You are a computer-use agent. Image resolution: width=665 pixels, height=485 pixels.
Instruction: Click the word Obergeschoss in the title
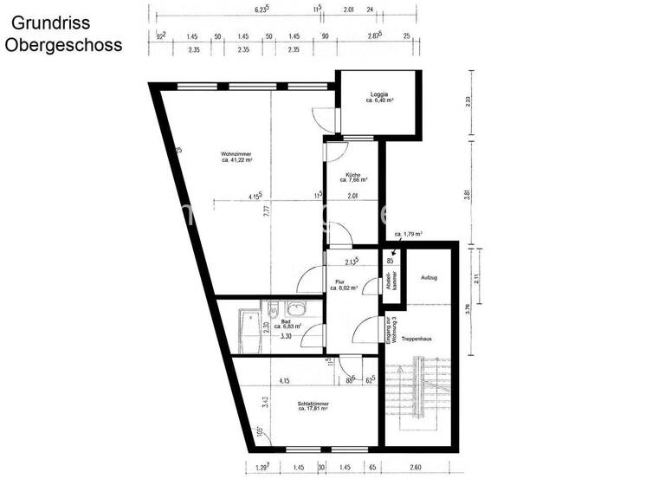tap(63, 44)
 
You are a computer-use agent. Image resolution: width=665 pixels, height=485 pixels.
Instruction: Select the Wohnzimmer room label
tap(236, 157)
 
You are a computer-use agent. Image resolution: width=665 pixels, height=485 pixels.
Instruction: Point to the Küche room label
tap(353, 177)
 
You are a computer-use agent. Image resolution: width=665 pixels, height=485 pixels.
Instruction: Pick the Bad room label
tap(287, 323)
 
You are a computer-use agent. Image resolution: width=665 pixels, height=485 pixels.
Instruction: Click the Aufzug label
tap(429, 277)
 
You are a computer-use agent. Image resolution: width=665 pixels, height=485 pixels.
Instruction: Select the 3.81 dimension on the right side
tap(468, 194)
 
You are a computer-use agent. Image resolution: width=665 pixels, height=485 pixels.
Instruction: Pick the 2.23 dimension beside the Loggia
tap(468, 100)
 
